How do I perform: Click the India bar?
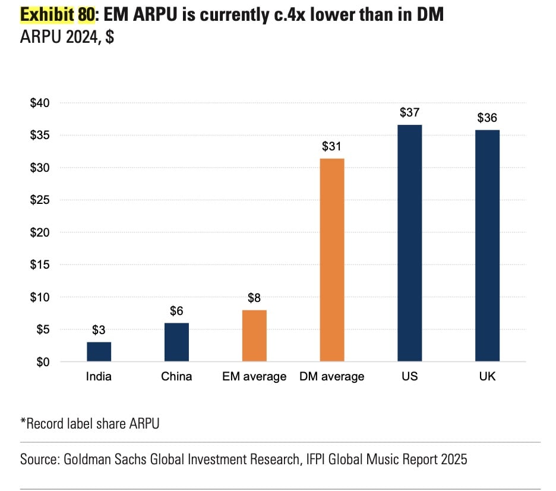point(99,351)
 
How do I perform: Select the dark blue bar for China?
point(176,342)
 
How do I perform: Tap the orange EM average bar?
point(254,335)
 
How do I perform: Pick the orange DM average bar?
point(332,260)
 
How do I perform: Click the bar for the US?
point(410,243)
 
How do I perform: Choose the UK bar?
point(487,245)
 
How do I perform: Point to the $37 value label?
point(410,112)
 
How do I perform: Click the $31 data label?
point(332,146)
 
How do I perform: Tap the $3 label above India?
point(99,330)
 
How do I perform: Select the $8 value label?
point(254,298)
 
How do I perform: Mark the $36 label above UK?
point(487,118)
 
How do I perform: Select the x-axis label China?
point(176,376)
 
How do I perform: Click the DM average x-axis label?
point(332,376)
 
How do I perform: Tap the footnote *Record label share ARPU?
point(90,424)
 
